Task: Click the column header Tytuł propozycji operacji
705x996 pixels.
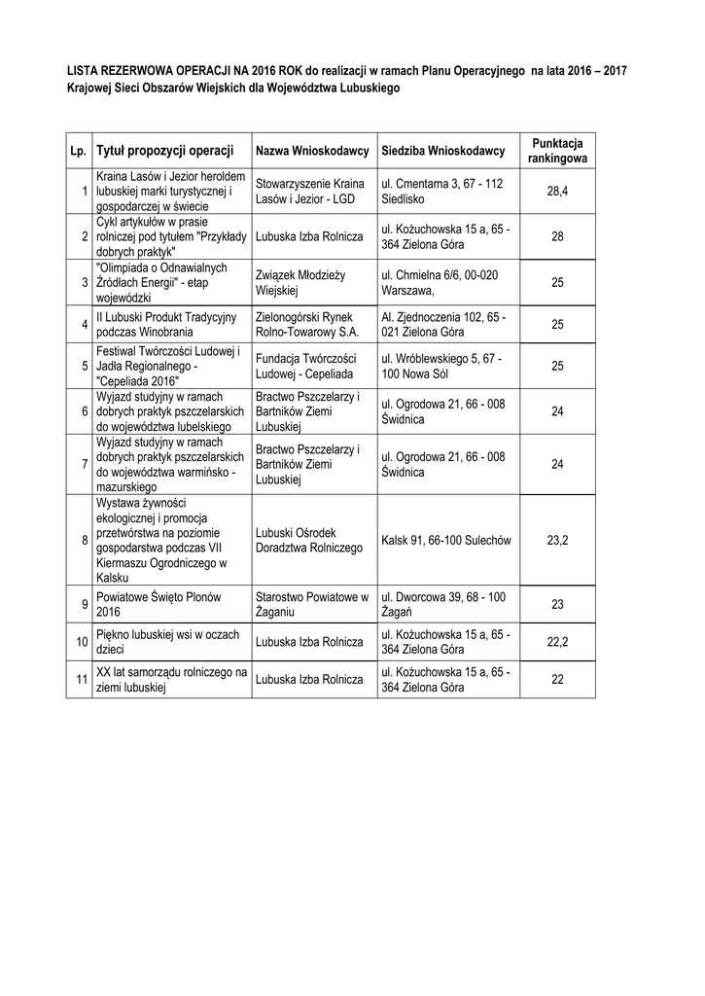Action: point(166,151)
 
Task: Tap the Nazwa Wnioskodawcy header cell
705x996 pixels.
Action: point(311,152)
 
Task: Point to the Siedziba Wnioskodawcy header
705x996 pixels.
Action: point(442,152)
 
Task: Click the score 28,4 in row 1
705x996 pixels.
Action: point(557,192)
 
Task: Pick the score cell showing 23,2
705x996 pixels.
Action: point(557,539)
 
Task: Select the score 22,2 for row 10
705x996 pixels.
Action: point(557,642)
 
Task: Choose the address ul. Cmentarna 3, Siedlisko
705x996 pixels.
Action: point(441,192)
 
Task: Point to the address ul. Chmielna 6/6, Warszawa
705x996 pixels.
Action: point(440,282)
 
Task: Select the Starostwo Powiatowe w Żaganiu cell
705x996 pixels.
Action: point(311,604)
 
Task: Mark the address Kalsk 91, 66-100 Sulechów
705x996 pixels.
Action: point(446,539)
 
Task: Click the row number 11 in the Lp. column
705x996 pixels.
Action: point(82,679)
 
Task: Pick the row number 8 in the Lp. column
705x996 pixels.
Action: point(85,539)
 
